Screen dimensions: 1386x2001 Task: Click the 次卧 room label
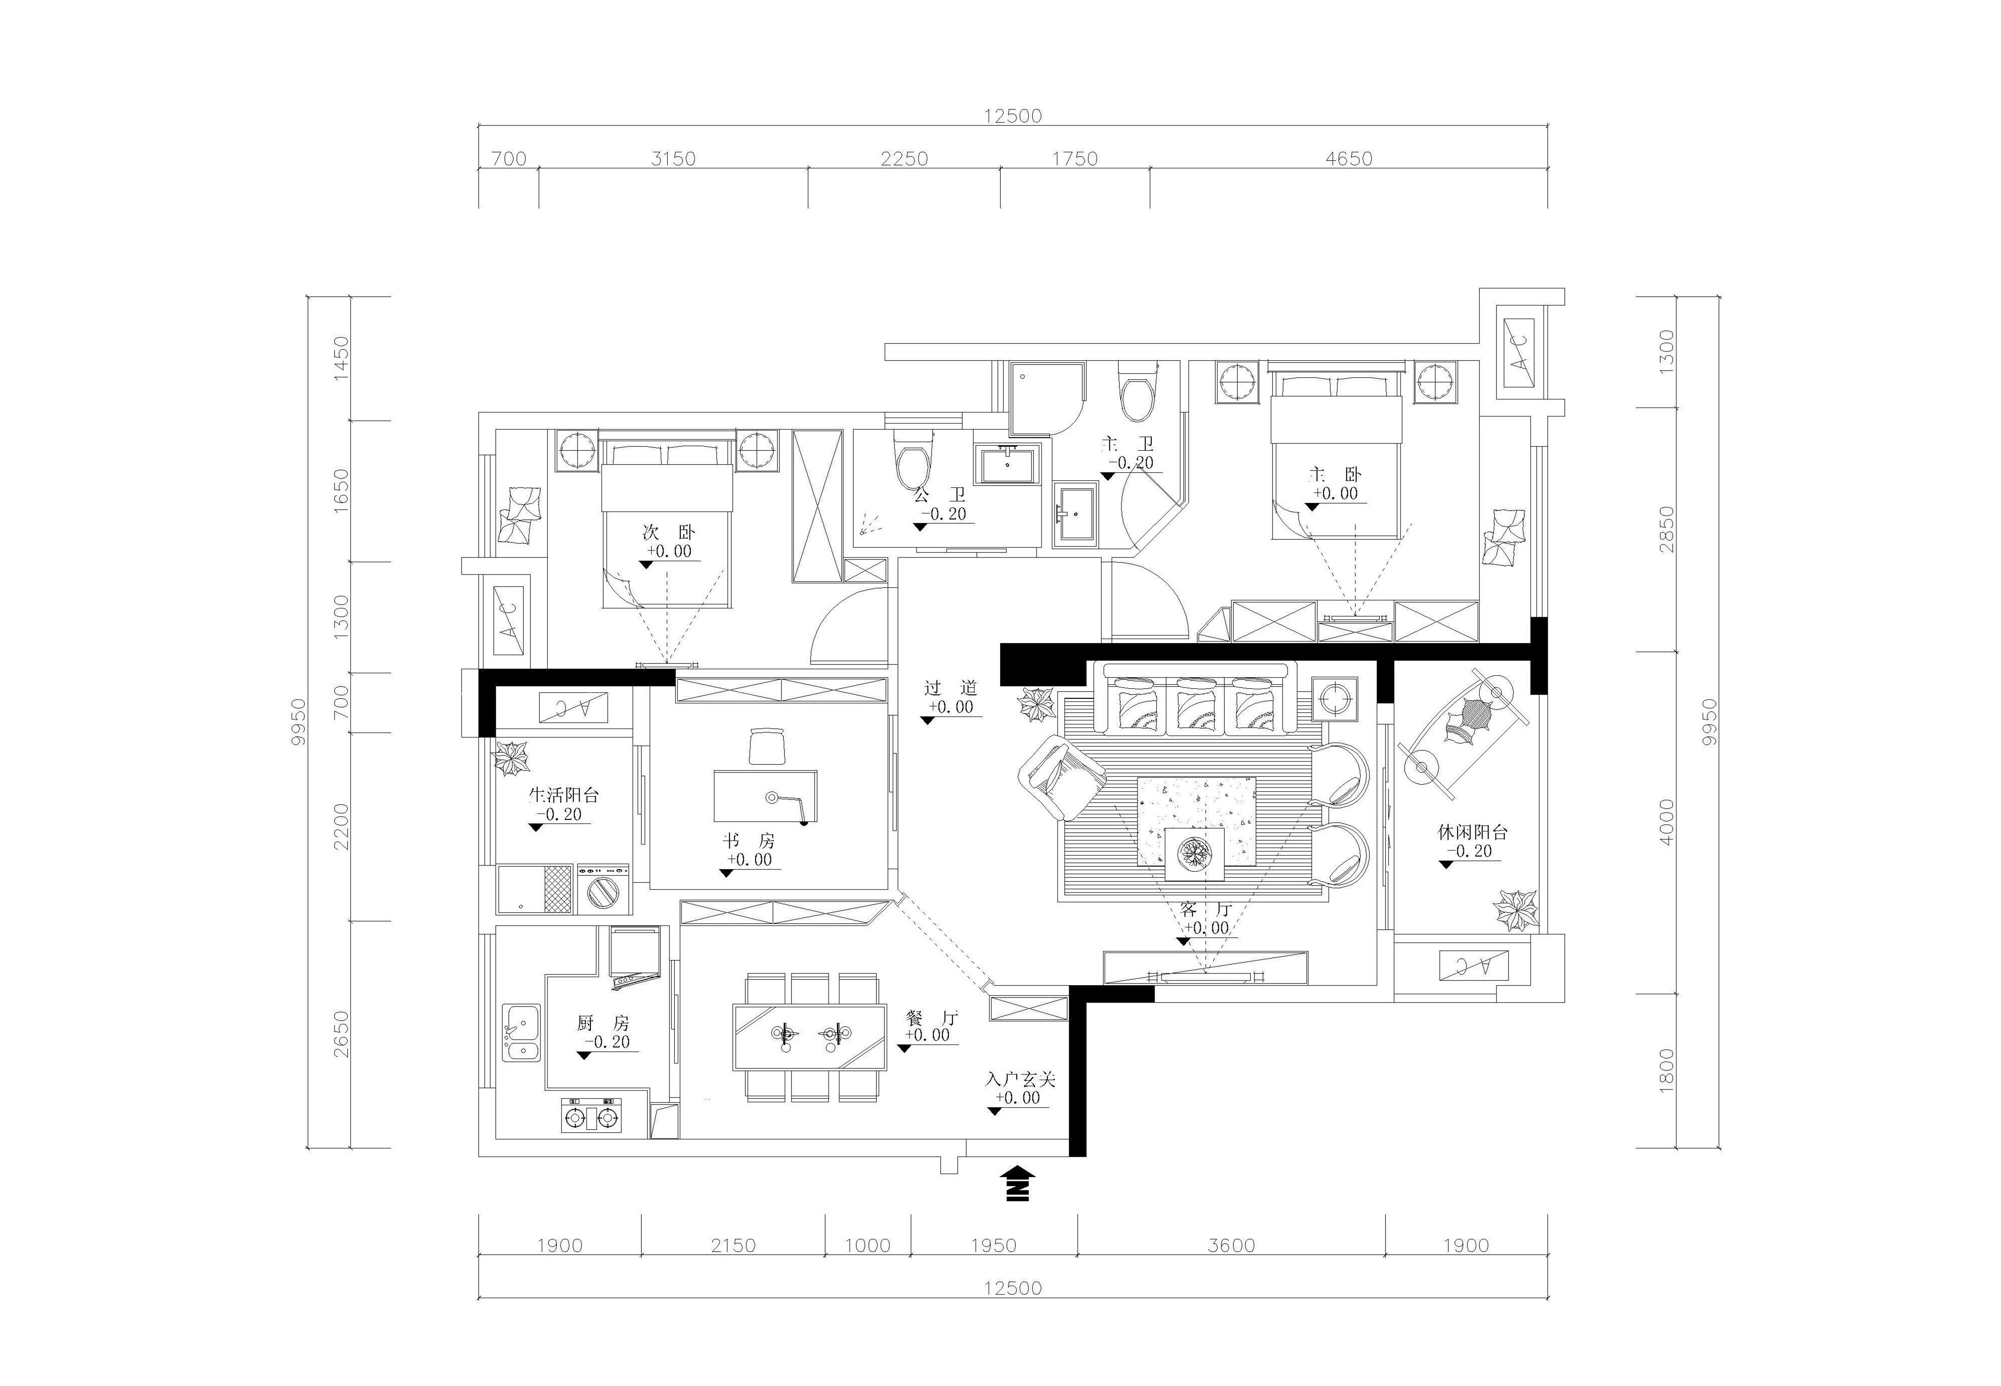(668, 531)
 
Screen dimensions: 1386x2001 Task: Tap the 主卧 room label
(1335, 474)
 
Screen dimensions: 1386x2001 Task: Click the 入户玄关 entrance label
(1020, 1080)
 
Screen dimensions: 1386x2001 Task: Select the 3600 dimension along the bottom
(1231, 1245)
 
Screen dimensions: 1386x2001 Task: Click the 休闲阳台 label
(1472, 831)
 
